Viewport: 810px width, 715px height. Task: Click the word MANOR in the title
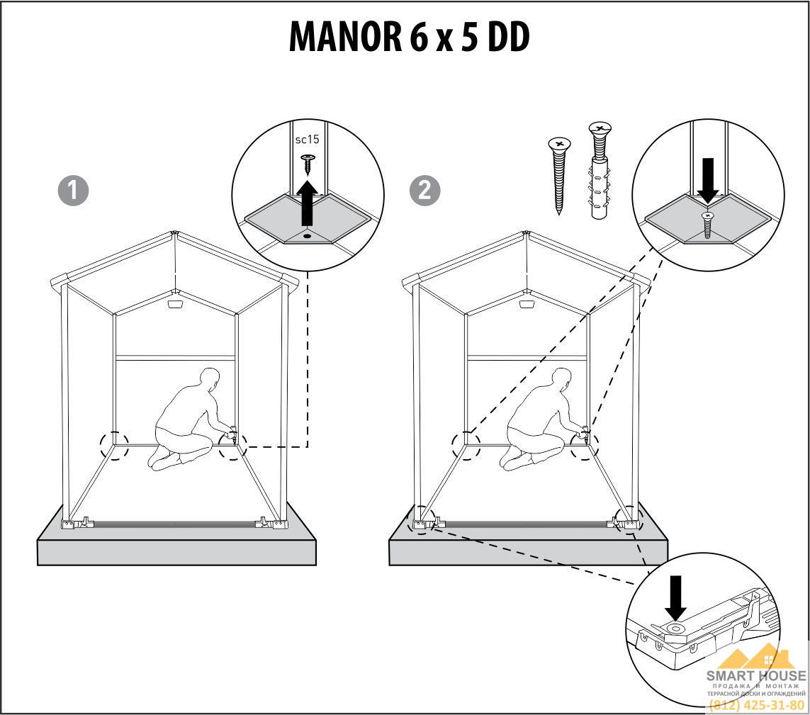click(345, 37)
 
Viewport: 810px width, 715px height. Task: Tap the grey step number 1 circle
click(73, 191)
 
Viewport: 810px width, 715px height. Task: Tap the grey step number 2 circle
click(424, 191)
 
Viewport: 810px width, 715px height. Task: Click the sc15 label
click(307, 140)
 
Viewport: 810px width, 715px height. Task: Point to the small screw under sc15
click(308, 163)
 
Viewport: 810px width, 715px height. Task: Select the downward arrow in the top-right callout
click(708, 180)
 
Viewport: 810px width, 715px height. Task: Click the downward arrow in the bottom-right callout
click(675, 598)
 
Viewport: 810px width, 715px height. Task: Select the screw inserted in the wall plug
click(600, 171)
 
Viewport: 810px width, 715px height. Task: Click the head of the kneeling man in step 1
click(210, 379)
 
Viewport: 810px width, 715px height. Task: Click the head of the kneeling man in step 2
click(561, 379)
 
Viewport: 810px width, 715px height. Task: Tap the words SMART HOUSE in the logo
click(756, 675)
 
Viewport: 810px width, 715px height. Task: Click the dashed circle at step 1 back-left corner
click(114, 445)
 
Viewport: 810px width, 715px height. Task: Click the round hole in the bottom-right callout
click(675, 629)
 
